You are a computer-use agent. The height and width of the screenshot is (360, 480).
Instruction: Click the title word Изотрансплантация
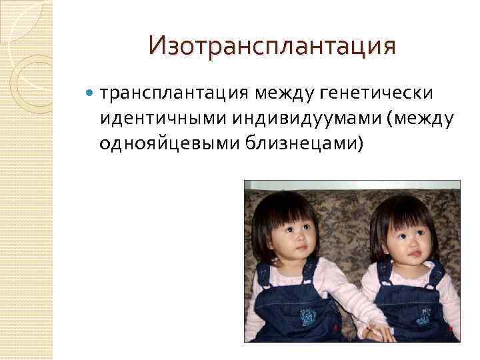coord(272,46)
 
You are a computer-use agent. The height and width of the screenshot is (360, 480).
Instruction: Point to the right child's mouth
coord(415,253)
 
